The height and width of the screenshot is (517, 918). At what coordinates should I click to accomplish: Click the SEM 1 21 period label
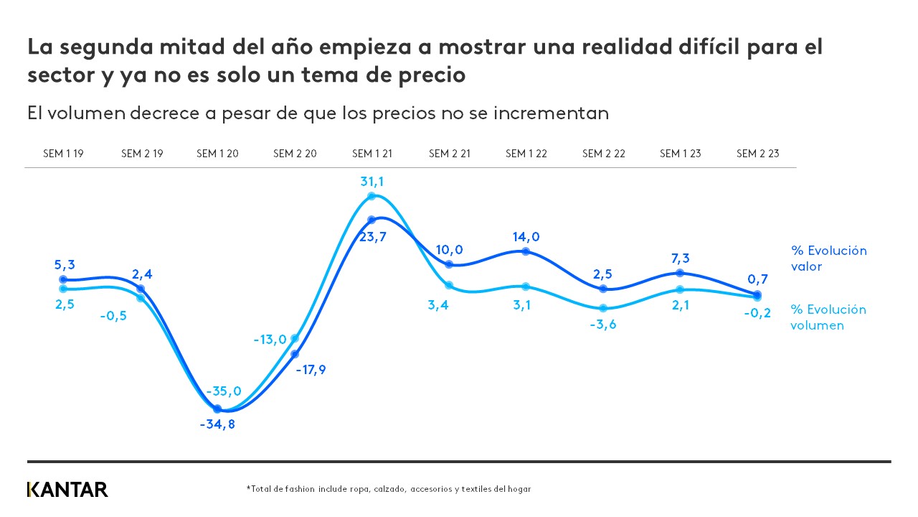(372, 154)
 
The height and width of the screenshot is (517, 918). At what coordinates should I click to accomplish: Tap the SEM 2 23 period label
(757, 154)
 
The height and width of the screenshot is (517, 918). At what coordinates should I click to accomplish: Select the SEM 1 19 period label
(63, 154)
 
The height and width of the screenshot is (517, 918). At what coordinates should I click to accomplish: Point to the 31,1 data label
(372, 182)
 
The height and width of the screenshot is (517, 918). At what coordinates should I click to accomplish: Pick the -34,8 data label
(217, 424)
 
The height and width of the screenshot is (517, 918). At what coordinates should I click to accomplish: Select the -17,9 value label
(310, 370)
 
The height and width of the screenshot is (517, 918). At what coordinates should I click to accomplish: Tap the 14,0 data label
(526, 237)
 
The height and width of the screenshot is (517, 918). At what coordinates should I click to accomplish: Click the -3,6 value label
(602, 324)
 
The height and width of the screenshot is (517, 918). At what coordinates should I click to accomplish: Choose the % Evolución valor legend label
(828, 258)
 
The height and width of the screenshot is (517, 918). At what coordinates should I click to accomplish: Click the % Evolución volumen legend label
(828, 317)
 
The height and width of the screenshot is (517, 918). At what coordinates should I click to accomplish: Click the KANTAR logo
(67, 490)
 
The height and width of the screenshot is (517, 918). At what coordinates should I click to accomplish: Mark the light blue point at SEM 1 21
(372, 196)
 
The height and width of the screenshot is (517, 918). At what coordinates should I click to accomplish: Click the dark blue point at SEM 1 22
(526, 251)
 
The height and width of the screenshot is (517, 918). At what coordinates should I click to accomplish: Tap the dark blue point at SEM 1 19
(63, 279)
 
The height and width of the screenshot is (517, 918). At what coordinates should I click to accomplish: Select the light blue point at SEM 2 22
(603, 308)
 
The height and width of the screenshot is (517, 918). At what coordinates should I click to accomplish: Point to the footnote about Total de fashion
(388, 489)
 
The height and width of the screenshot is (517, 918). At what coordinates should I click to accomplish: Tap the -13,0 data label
(270, 340)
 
